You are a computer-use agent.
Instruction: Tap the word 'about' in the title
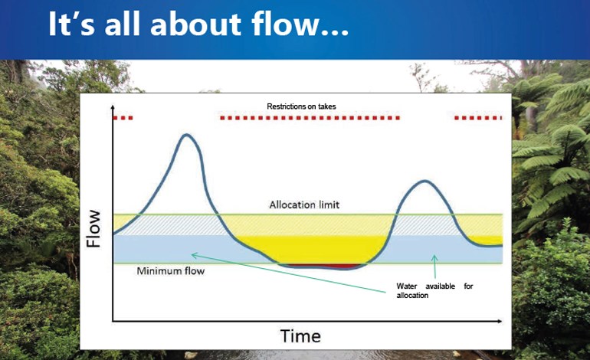click(x=195, y=24)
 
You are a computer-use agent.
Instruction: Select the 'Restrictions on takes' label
click(x=301, y=106)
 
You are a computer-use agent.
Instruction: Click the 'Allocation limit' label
click(x=304, y=205)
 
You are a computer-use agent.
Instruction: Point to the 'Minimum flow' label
click(x=170, y=271)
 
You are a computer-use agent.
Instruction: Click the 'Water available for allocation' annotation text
click(x=434, y=290)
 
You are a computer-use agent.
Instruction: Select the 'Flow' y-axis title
click(x=93, y=228)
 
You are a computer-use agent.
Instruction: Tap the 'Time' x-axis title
click(x=300, y=336)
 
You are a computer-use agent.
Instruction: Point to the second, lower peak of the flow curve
click(x=424, y=182)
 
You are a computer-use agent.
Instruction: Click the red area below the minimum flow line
click(x=322, y=266)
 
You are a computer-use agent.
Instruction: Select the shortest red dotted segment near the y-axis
click(x=123, y=118)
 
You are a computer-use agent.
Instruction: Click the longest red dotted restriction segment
click(x=310, y=118)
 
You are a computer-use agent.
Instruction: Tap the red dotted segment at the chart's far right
click(x=478, y=118)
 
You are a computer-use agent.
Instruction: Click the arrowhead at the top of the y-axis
click(x=113, y=107)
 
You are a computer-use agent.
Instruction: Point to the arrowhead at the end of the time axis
click(x=500, y=321)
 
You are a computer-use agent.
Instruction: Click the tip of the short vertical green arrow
click(x=434, y=255)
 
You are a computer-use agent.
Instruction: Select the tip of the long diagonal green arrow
click(x=192, y=254)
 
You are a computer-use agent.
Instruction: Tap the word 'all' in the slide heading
click(x=123, y=24)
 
